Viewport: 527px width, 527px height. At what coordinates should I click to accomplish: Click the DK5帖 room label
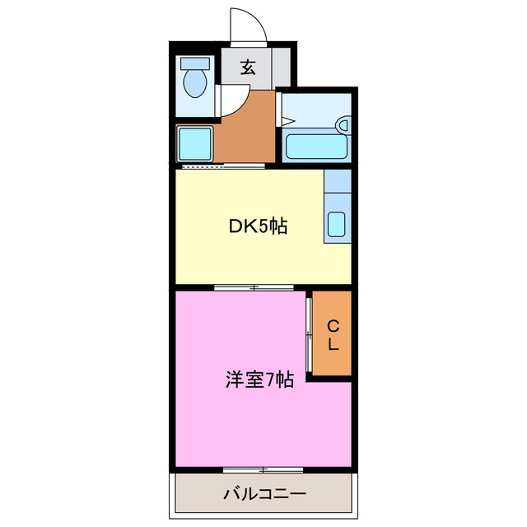[257, 226]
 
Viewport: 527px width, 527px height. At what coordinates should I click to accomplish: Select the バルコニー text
[264, 494]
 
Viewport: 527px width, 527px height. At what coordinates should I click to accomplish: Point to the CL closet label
[333, 335]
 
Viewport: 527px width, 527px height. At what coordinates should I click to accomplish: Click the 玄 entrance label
[247, 68]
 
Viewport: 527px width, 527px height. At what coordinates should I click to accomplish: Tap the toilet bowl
[196, 83]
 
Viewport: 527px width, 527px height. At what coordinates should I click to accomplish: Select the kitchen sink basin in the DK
[338, 225]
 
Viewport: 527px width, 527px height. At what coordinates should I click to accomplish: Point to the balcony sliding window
[263, 469]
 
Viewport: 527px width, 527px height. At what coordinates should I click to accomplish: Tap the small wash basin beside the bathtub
[343, 125]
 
